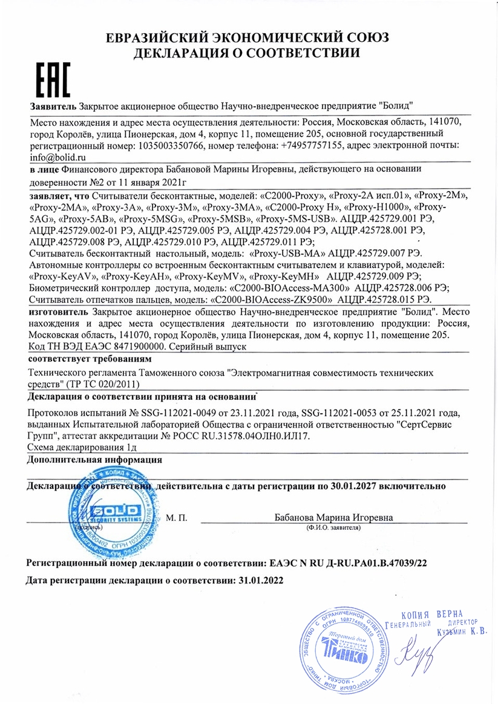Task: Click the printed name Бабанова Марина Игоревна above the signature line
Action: (x=333, y=518)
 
